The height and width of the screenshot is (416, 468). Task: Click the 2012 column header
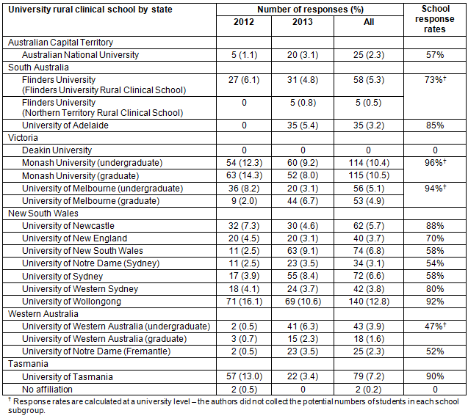click(x=244, y=22)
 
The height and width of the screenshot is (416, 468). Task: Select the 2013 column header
click(x=303, y=22)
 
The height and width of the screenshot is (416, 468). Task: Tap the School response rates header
click(x=435, y=19)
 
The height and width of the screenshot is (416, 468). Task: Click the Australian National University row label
click(x=80, y=55)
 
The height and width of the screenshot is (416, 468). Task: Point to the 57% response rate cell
click(x=435, y=55)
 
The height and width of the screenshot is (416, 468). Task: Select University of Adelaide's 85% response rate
click(x=435, y=125)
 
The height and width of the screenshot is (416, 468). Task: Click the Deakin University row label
click(x=57, y=150)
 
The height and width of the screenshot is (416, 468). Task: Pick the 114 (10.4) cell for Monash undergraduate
click(x=369, y=163)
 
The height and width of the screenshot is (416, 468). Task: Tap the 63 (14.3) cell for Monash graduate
click(x=244, y=175)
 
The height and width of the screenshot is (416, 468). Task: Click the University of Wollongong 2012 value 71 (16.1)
click(x=244, y=302)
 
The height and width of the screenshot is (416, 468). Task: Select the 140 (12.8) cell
click(x=369, y=302)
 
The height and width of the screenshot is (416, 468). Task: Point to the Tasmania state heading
click(x=28, y=364)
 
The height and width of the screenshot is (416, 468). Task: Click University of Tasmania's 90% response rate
click(x=435, y=376)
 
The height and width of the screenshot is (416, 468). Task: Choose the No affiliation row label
click(x=47, y=389)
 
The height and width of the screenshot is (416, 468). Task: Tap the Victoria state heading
click(x=23, y=138)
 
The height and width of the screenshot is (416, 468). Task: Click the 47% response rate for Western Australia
click(x=436, y=326)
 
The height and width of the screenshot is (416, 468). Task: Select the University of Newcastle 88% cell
click(x=435, y=225)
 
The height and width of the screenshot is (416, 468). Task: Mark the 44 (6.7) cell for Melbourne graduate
click(x=303, y=201)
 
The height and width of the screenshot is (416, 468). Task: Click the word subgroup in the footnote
click(x=26, y=411)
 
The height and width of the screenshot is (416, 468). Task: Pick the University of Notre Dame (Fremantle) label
click(x=96, y=351)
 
